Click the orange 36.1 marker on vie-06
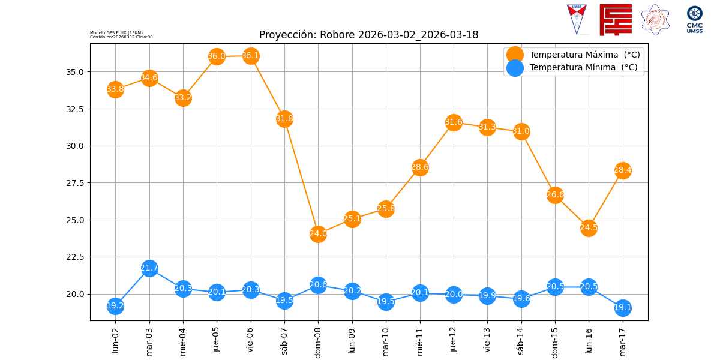[251, 56]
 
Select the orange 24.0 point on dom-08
[318, 234]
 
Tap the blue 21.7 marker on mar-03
[149, 268]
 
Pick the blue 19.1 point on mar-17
[623, 308]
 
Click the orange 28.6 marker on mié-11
[420, 167]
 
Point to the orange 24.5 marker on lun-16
[589, 227]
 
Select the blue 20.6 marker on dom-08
[318, 285]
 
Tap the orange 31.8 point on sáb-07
[284, 119]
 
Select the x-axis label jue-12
[454, 339]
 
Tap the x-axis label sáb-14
[521, 340]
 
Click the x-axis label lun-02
[116, 340]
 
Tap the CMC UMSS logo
[695, 20]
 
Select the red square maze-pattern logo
[616, 20]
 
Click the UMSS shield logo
[577, 20]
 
